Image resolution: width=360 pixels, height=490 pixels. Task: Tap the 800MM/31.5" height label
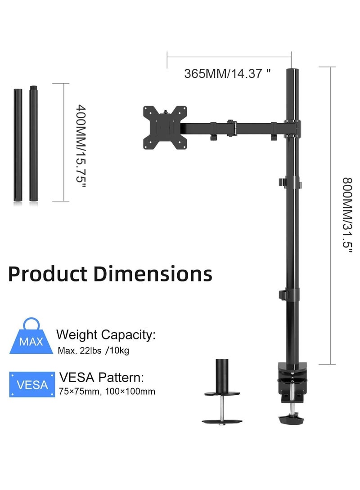[x=346, y=216]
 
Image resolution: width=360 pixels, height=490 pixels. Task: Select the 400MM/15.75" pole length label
[x=80, y=141]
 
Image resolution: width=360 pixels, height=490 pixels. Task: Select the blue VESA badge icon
[x=31, y=385]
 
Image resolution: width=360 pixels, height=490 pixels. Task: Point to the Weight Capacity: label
[x=106, y=334]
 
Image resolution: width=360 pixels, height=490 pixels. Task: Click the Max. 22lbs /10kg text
[x=94, y=351]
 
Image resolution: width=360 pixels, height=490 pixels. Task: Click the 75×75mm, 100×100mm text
[x=107, y=392]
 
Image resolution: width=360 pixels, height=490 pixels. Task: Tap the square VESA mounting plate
[x=165, y=127]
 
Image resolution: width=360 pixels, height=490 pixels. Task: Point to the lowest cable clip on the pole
[x=282, y=295]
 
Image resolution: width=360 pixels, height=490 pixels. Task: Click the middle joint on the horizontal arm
[x=231, y=127]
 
